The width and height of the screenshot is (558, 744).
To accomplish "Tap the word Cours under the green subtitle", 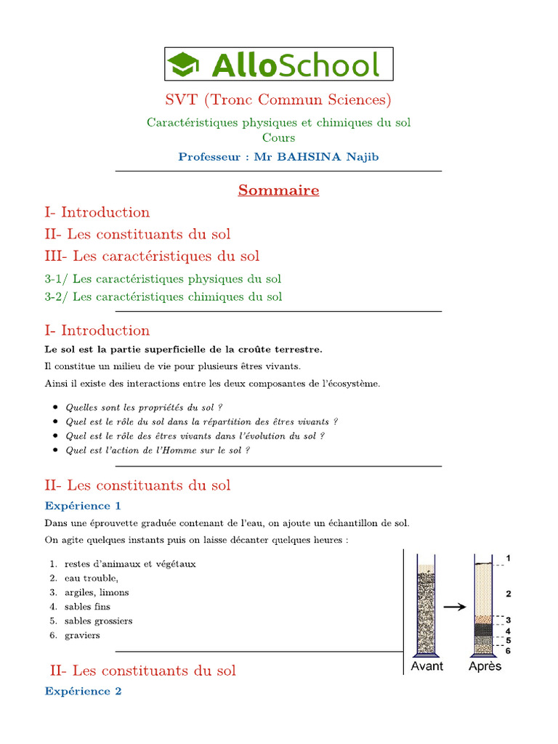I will pos(279,137).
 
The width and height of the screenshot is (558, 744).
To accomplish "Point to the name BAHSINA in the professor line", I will pos(317,156).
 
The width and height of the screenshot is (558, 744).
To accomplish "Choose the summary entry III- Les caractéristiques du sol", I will pos(152,256).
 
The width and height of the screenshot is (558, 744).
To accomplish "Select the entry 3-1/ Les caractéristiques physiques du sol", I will pos(163,278).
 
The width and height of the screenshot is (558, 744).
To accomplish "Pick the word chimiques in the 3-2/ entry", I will pos(214,296).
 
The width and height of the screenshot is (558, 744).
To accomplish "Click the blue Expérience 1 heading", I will pos(83,506).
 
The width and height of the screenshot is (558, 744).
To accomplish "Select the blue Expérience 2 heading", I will pos(83,691).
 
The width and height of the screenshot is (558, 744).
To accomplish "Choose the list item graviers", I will pos(82,635).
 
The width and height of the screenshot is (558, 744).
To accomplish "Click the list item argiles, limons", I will pos(97,592).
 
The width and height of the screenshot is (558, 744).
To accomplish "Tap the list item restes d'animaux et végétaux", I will pos(130,564).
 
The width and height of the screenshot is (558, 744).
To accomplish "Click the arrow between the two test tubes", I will pos(455,606).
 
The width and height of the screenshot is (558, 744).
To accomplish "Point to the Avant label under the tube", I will pos(427,666).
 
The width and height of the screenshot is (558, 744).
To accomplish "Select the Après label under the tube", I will pos(485,666).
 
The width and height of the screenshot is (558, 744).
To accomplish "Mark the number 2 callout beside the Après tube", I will pos(509,594).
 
